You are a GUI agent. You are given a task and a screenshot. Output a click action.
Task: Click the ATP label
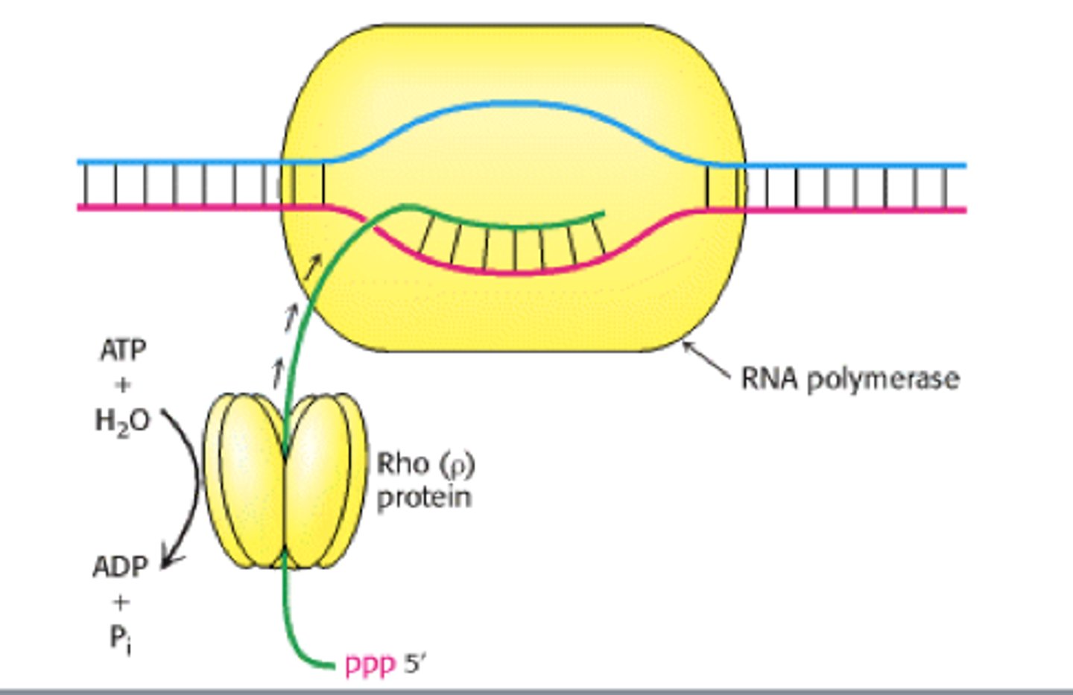click(x=123, y=349)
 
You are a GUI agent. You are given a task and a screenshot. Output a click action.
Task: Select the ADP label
click(x=120, y=567)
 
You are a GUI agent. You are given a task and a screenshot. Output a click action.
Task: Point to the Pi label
click(x=120, y=638)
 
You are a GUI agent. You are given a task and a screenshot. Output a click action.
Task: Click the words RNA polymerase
click(x=849, y=378)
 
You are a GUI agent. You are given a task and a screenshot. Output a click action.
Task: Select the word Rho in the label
click(x=402, y=463)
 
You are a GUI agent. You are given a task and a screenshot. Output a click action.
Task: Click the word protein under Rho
click(x=424, y=497)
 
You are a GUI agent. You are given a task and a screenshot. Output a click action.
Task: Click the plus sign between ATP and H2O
click(x=123, y=385)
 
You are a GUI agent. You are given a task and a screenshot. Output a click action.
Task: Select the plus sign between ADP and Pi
click(x=120, y=602)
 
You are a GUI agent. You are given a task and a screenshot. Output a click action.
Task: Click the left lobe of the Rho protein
click(x=246, y=480)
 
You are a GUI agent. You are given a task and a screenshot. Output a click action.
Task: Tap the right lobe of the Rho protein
click(x=324, y=480)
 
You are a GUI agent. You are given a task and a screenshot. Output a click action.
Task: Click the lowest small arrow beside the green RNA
click(x=279, y=370)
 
